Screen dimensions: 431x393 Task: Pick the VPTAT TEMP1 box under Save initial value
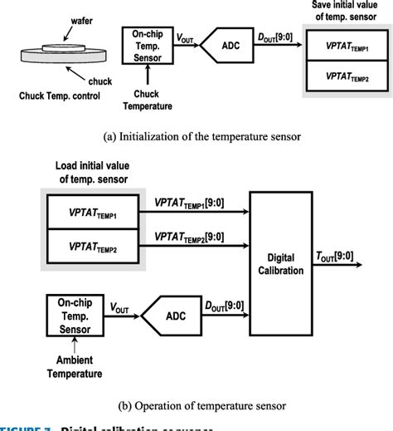coord(346,49)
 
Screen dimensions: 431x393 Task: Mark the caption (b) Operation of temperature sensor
coord(196,404)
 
